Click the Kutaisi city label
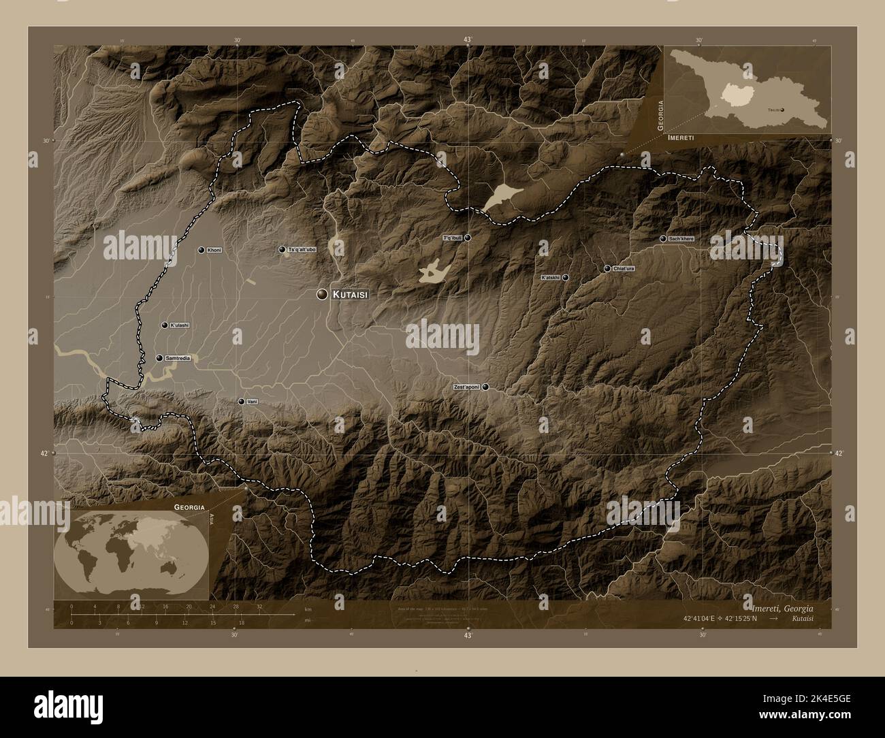coord(351,295)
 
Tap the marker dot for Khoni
coord(202,251)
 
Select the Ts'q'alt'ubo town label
coord(302,250)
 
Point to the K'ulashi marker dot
coord(165,325)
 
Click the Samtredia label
coord(178,358)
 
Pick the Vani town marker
coord(241,402)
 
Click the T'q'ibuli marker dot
coord(468,238)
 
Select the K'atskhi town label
coord(549,278)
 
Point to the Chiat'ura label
coord(624,269)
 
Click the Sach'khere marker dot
coord(663,239)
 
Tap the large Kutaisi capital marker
coord(321,294)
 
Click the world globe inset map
coord(133,552)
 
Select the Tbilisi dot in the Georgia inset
coord(782,109)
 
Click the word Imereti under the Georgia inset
coord(682,138)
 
